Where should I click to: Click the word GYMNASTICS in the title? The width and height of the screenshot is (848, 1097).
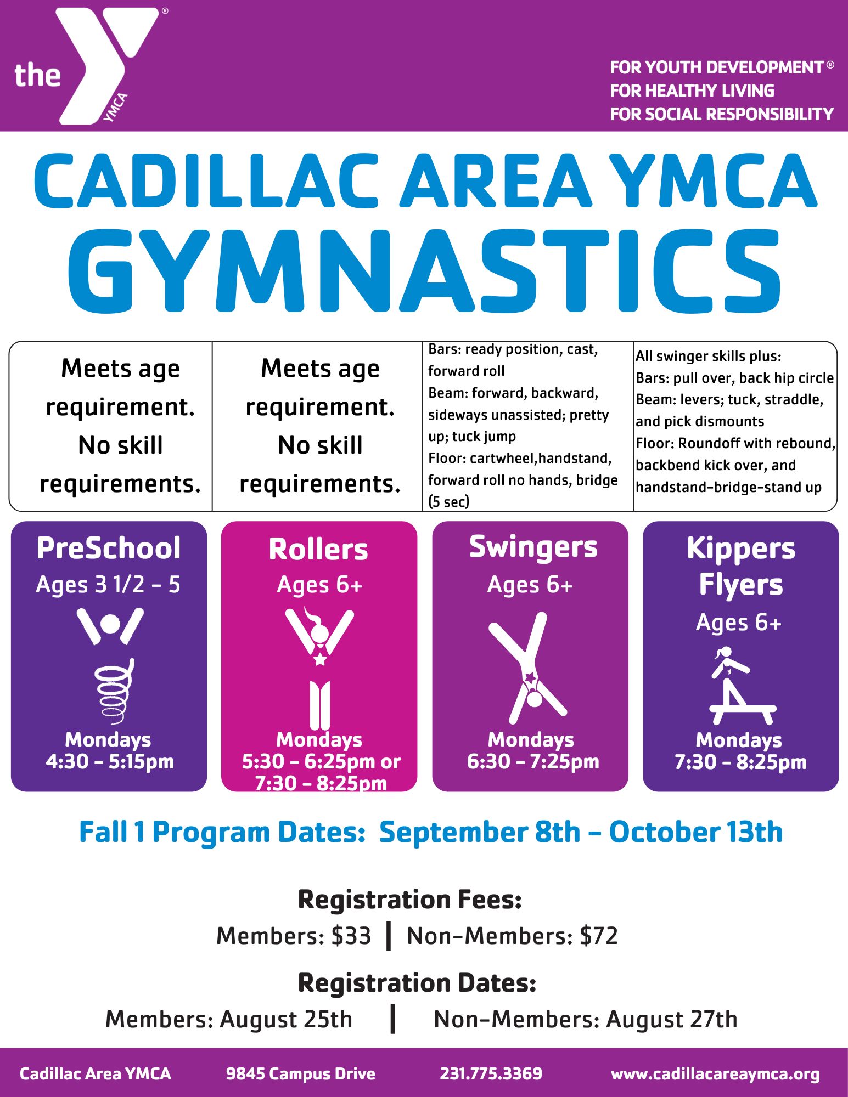(424, 271)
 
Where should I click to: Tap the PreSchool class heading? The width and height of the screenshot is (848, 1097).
(109, 548)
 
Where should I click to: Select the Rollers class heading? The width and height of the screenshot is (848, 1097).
(318, 549)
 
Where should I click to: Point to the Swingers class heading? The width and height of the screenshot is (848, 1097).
(533, 548)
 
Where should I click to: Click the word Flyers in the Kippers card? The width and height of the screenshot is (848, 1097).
(741, 585)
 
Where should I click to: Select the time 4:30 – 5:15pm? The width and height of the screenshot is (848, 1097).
(110, 761)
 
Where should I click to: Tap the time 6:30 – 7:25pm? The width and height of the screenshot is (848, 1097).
(533, 761)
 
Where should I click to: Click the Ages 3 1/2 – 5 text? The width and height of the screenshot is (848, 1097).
(108, 585)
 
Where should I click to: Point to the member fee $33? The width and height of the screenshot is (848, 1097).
(351, 936)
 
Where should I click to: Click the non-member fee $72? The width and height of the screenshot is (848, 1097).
(599, 936)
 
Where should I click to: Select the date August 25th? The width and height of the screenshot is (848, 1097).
(286, 1020)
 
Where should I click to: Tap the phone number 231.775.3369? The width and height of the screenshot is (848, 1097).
(491, 1073)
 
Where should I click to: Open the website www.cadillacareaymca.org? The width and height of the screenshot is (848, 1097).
(715, 1075)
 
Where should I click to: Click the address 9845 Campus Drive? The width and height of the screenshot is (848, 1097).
(301, 1074)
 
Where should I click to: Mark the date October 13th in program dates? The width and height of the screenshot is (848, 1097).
(695, 832)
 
